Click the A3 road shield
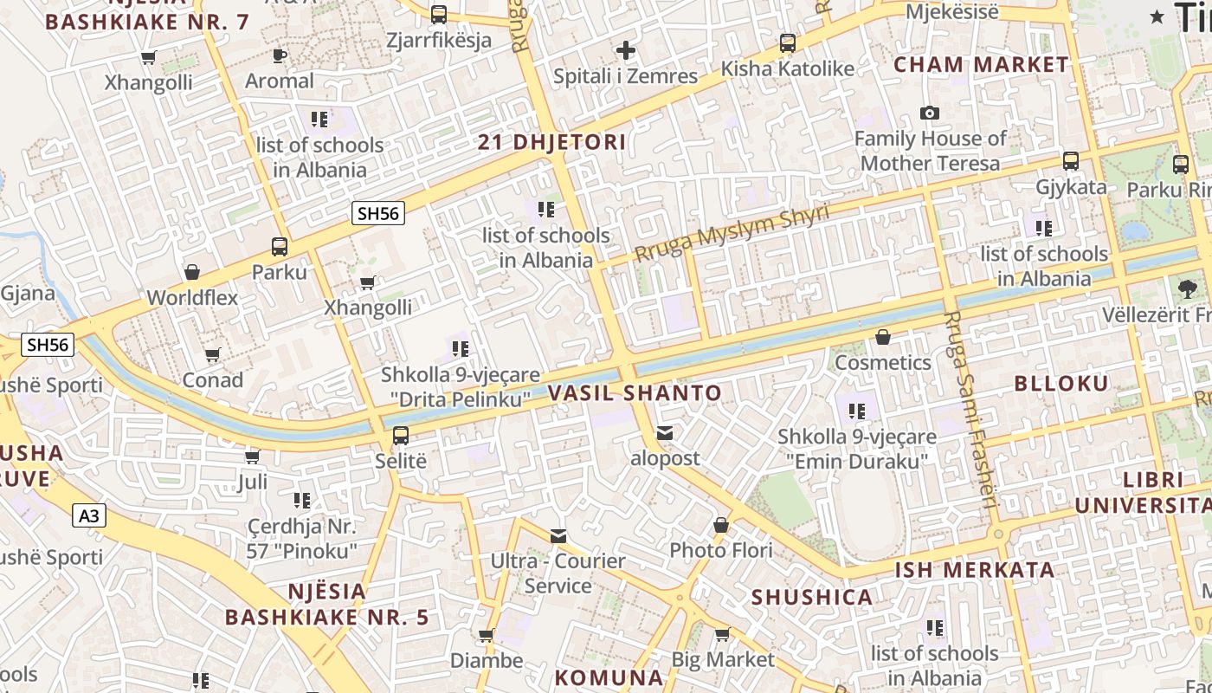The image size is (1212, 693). [x=88, y=516]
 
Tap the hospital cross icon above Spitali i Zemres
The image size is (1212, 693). [x=625, y=51]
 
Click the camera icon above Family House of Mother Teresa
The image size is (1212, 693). [x=930, y=113]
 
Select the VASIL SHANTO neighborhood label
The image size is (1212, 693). [x=635, y=393]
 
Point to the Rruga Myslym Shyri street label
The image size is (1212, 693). [x=732, y=232]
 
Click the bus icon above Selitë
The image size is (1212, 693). [x=400, y=436]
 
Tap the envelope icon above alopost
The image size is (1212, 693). [x=664, y=432]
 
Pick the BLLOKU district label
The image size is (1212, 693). [x=1060, y=384]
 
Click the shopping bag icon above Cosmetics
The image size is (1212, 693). [x=882, y=337]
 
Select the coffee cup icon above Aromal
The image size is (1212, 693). [x=279, y=56]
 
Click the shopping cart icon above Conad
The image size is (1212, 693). [x=212, y=354]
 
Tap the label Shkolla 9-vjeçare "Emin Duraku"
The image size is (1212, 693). [x=856, y=449]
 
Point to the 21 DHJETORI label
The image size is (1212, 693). [x=551, y=143]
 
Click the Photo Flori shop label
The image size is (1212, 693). [x=720, y=550]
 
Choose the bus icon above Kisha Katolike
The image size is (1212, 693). [x=787, y=43]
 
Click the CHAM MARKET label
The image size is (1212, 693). [x=981, y=65]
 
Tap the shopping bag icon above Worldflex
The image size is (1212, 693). [x=192, y=273]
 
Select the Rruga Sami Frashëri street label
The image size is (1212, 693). [x=970, y=409]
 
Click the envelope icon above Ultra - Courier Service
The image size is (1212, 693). [x=558, y=536]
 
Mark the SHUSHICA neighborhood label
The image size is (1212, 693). [x=811, y=598]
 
